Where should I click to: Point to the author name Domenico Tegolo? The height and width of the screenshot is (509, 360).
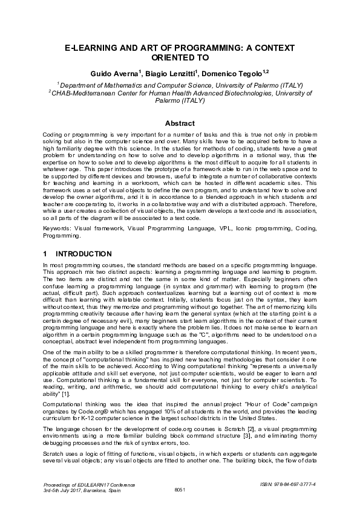[226, 73]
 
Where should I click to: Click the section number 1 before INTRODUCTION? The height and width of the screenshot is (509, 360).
[47, 254]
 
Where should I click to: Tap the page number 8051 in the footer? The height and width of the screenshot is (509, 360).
[180, 489]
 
